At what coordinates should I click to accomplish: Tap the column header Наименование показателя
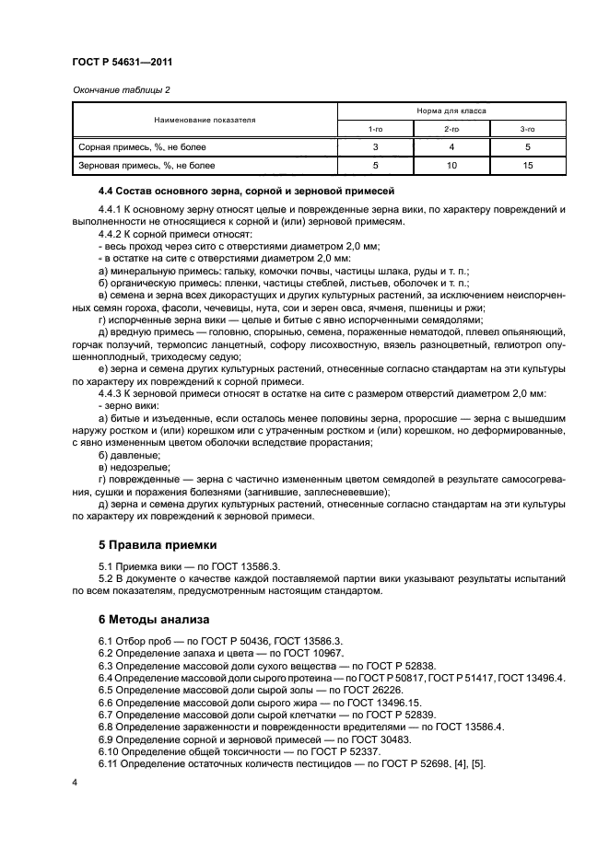(205, 120)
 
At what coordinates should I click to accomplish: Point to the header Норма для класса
(451, 111)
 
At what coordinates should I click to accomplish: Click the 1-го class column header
(376, 130)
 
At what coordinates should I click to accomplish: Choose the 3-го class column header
(527, 130)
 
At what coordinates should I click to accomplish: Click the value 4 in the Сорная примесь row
(451, 147)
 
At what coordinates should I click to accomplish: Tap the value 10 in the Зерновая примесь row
(451, 166)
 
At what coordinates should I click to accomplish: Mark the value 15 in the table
(527, 166)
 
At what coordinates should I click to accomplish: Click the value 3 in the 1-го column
(376, 147)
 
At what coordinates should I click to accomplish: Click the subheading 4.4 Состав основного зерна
(246, 191)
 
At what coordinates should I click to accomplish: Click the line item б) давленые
(128, 456)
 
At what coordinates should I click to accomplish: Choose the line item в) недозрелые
(132, 468)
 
